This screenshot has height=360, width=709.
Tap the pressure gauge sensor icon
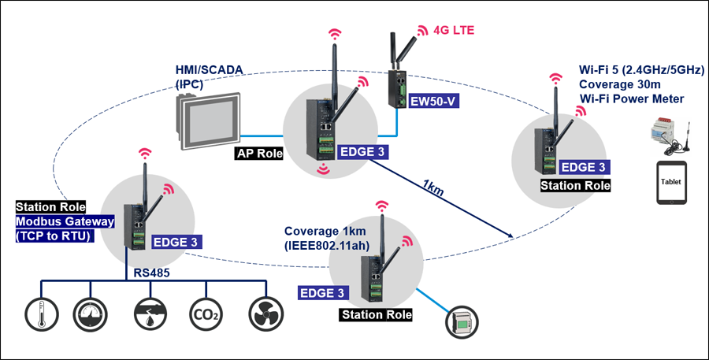tap(88, 314)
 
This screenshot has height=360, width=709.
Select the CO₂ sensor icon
tap(203, 315)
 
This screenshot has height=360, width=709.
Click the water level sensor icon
tap(146, 314)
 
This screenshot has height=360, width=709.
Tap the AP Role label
tap(258, 153)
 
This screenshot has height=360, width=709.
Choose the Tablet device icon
tap(671, 184)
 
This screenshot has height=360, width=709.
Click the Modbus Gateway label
tap(65, 221)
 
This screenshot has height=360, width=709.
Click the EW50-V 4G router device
tap(395, 83)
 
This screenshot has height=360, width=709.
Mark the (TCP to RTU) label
tap(54, 235)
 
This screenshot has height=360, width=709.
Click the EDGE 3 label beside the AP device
tap(363, 153)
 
